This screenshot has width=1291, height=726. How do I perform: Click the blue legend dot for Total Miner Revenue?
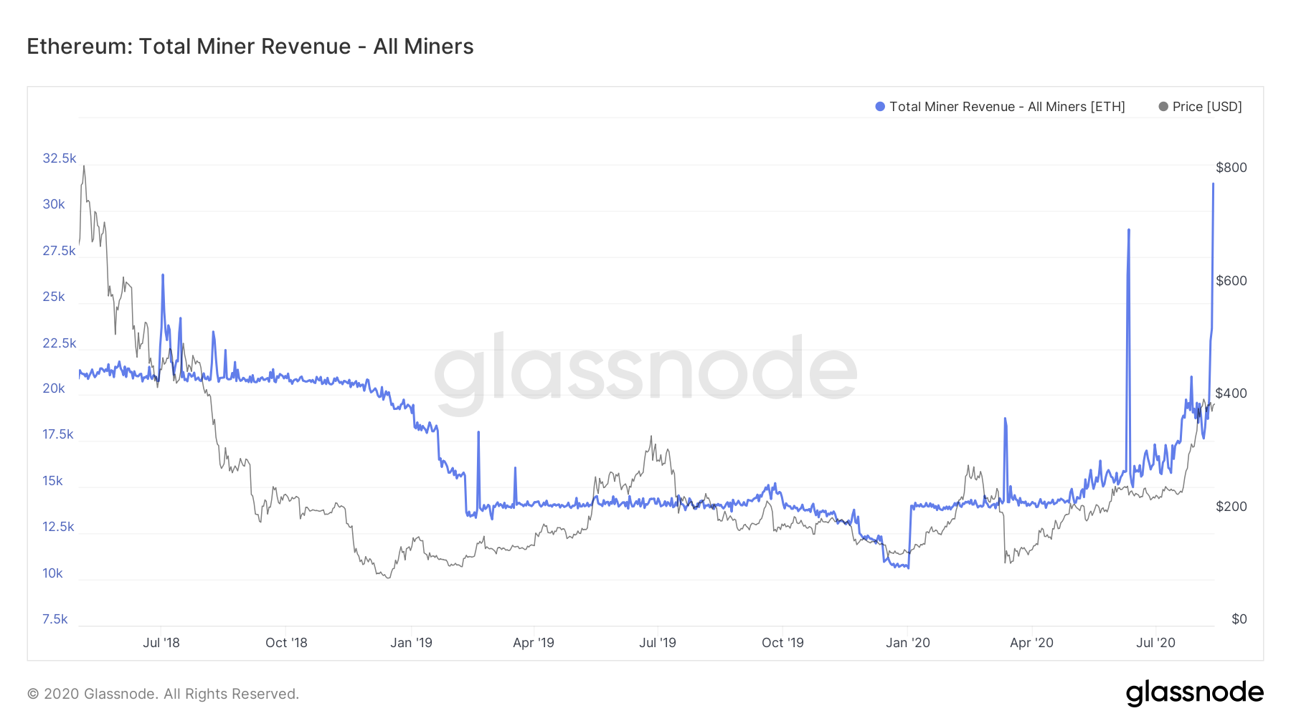[x=880, y=107]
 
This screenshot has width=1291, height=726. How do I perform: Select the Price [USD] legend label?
[x=1206, y=107]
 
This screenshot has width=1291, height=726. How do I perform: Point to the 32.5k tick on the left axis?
[x=59, y=158]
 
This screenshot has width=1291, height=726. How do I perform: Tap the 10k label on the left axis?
[x=52, y=573]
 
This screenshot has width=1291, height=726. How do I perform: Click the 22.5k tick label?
[x=59, y=343]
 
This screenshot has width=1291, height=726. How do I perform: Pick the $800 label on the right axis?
[x=1231, y=168]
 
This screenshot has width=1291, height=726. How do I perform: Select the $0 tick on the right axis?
[x=1239, y=619]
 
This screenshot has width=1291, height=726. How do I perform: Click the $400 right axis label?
[x=1231, y=393]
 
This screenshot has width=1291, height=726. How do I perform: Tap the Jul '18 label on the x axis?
[x=161, y=643]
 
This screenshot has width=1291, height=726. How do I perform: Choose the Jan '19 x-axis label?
[x=411, y=643]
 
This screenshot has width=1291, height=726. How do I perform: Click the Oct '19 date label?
[x=782, y=643]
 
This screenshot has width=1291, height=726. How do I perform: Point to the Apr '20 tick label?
[x=1031, y=643]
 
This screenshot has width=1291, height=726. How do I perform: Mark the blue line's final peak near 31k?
[x=1213, y=184]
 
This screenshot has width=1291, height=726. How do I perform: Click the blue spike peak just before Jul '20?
[x=1129, y=230]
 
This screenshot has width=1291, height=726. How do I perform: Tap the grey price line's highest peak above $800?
[x=84, y=166]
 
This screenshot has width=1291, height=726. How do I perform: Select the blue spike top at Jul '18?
[x=163, y=274]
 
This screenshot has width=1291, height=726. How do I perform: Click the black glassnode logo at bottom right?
[x=1194, y=693]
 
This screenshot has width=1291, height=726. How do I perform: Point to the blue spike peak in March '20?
[x=1005, y=419]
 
